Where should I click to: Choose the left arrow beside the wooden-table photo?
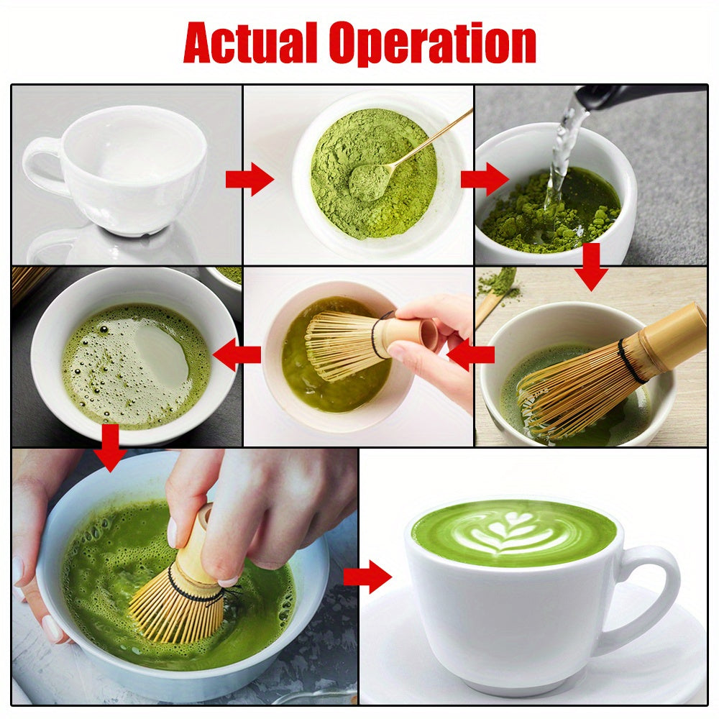(471, 354)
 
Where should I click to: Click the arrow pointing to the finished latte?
(367, 577)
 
